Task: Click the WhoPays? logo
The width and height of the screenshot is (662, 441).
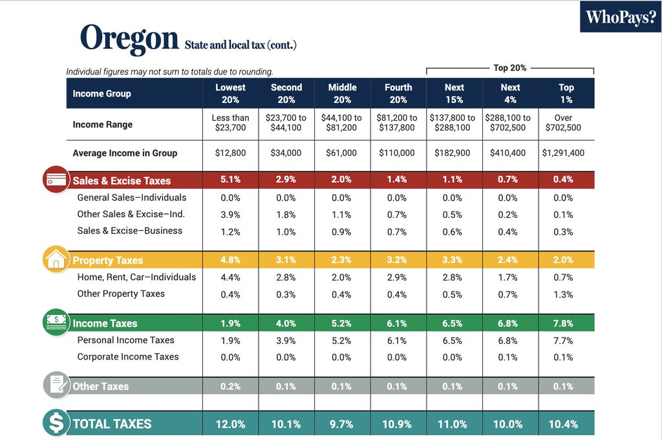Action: (620, 17)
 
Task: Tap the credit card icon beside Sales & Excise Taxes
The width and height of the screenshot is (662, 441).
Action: (56, 180)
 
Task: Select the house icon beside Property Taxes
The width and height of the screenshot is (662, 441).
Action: (56, 259)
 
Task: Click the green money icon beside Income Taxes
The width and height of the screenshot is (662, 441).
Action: (56, 322)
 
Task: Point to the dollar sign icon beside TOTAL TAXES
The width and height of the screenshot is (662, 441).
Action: (56, 424)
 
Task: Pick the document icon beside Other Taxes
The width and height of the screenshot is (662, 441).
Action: (56, 385)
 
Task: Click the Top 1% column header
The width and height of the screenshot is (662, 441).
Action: (566, 93)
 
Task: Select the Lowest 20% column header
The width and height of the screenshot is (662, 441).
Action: (230, 93)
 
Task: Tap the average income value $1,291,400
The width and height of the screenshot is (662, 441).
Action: (563, 153)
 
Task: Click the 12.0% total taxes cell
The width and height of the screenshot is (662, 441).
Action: (230, 424)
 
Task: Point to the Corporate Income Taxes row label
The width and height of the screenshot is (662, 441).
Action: (128, 357)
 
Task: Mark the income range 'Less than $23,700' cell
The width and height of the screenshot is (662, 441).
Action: (230, 123)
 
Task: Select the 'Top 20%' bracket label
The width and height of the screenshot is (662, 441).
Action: (509, 67)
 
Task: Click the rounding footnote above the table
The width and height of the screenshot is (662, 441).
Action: (169, 72)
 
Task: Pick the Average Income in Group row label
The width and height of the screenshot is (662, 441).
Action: (125, 153)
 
